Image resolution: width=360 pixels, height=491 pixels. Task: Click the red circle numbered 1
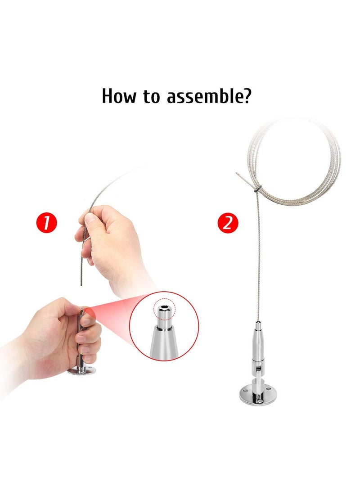47,223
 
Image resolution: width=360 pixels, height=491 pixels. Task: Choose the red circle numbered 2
228,223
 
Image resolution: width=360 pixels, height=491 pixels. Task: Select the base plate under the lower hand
82,372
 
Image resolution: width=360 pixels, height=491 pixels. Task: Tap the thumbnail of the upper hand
89,219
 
